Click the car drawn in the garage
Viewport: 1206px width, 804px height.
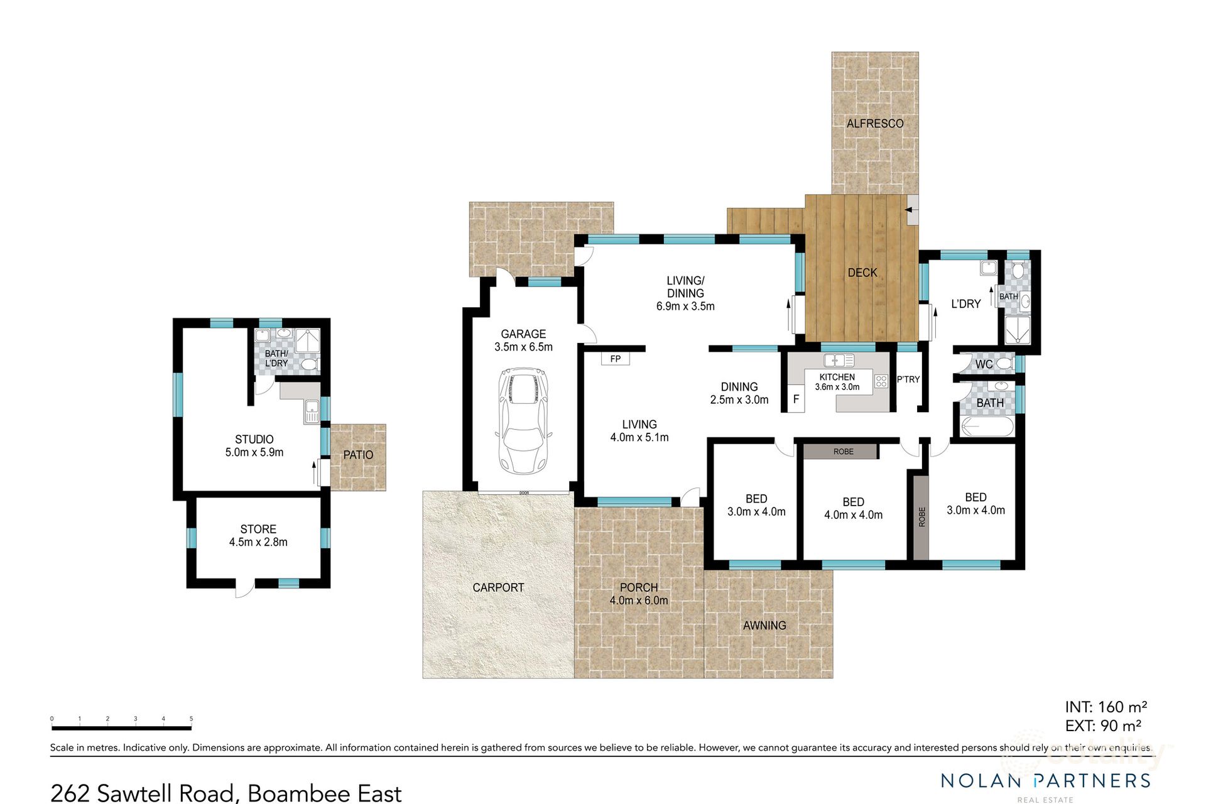click(x=523, y=421)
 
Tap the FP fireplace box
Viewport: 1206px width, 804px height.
click(x=616, y=359)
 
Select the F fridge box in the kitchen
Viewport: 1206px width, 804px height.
click(x=796, y=399)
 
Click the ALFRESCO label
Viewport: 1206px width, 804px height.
click(x=874, y=124)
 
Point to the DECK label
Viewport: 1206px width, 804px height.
click(x=862, y=273)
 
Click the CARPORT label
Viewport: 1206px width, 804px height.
click(x=498, y=587)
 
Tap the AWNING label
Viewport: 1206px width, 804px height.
click(x=764, y=626)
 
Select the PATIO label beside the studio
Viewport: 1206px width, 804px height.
click(x=358, y=455)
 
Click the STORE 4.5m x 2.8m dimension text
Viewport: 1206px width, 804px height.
click(x=258, y=542)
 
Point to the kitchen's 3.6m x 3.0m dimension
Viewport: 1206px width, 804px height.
click(x=837, y=387)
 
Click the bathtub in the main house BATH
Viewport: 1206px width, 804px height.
click(x=986, y=427)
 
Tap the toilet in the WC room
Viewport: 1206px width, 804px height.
click(x=1004, y=364)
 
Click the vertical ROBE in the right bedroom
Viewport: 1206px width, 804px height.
click(x=921, y=517)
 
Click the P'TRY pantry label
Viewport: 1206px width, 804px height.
click(x=908, y=379)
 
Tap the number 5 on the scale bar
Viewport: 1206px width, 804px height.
click(x=191, y=719)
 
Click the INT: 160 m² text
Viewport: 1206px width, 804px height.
click(x=1106, y=707)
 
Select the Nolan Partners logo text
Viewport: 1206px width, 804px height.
click(x=1045, y=781)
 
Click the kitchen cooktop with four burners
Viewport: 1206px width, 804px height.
click(x=881, y=381)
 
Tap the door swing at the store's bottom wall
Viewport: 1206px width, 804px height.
click(x=246, y=589)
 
